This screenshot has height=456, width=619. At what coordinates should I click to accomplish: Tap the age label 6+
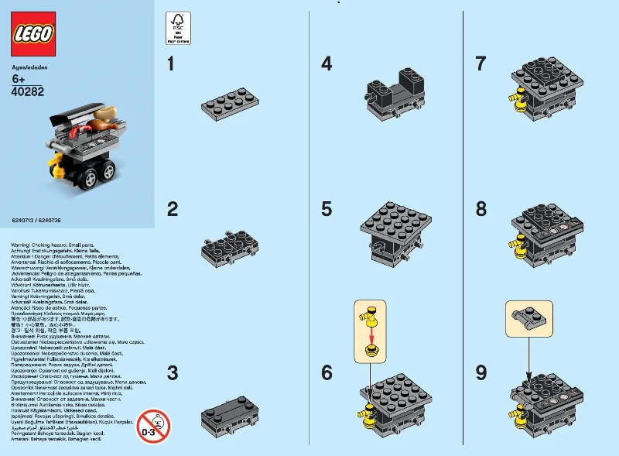pos(20,79)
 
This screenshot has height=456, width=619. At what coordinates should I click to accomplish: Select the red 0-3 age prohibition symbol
pos(153,425)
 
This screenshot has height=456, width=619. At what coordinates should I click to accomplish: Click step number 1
pos(172,64)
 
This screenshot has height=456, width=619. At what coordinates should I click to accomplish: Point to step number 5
pos(327,209)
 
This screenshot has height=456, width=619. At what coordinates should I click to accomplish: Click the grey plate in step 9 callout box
pos(527,318)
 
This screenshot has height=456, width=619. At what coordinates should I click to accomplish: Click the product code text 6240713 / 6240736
pos(37,221)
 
